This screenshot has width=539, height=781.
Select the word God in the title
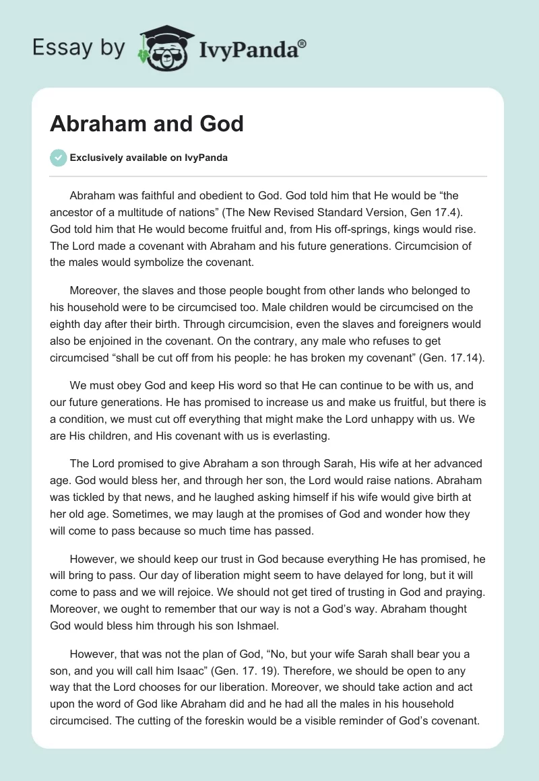click(x=221, y=124)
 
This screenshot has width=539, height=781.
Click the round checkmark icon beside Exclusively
click(x=58, y=158)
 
